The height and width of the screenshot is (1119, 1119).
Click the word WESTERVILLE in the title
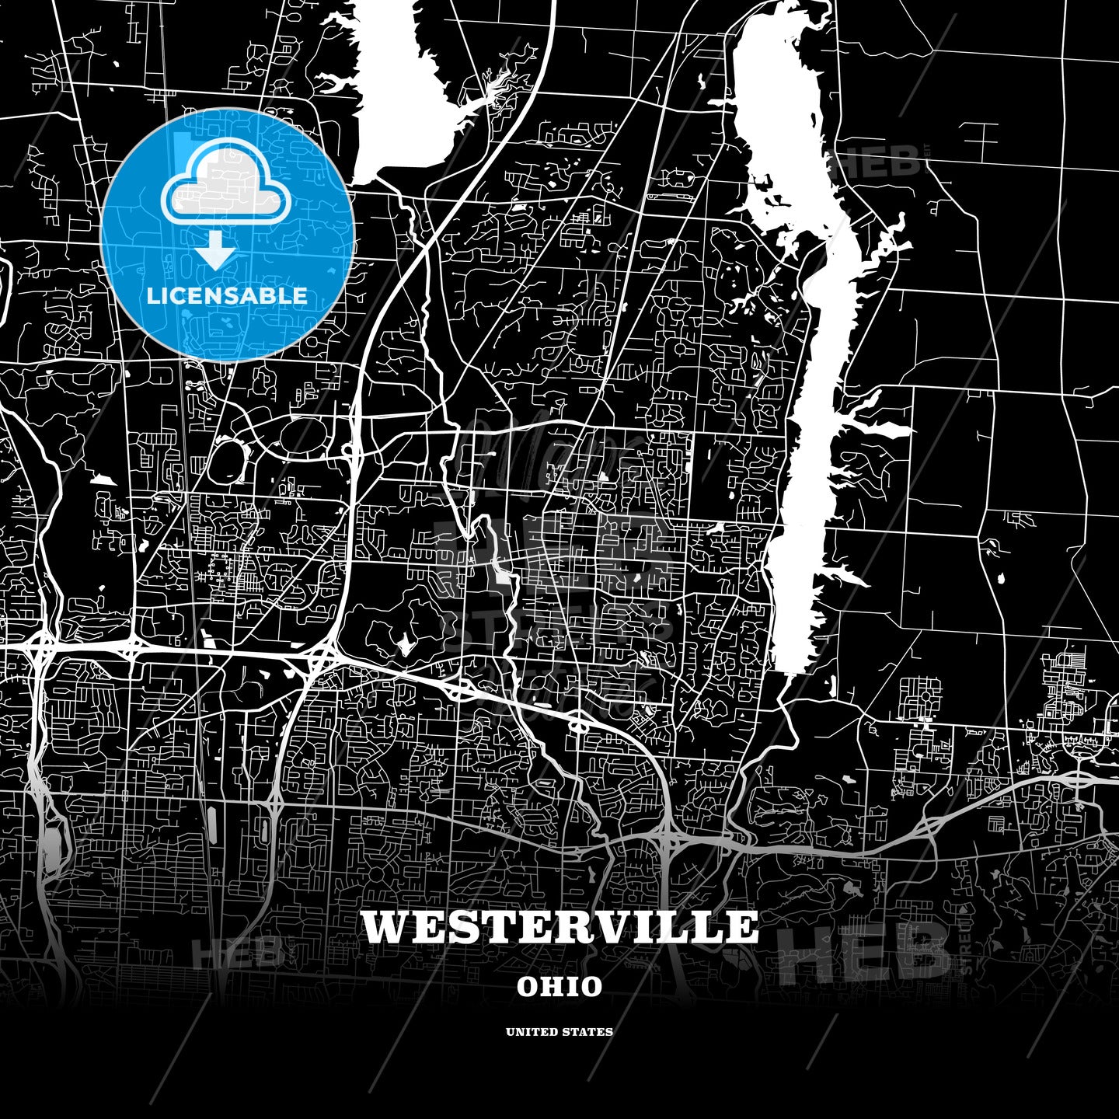559,926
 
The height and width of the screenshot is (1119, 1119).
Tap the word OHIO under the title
559,987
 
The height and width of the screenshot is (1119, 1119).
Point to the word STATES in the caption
591,1032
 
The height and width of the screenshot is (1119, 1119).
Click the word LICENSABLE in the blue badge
227,296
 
